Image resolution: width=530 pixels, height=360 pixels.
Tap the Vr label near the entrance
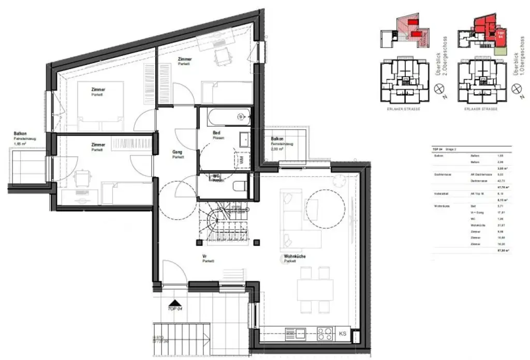(x=205, y=257)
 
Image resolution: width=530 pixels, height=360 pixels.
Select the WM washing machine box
(x=241, y=159)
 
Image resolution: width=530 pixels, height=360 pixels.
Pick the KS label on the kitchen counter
(x=343, y=334)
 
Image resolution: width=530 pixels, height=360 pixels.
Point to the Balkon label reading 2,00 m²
(x=277, y=143)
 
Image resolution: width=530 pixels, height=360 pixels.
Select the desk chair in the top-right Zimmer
(x=223, y=56)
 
